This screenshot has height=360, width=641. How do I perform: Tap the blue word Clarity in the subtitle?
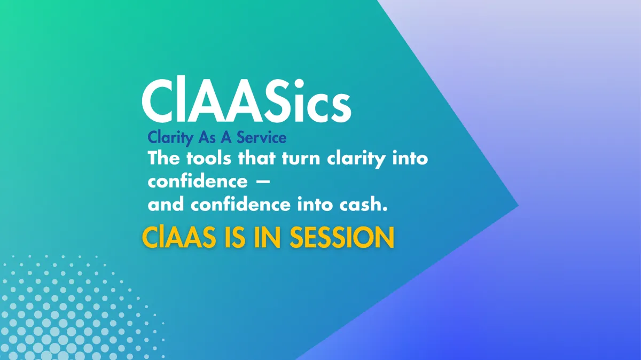pyautogui.click(x=170, y=138)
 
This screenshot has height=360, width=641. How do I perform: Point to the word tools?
pyautogui.click(x=209, y=158)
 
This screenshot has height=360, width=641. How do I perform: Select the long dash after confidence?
pyautogui.click(x=262, y=181)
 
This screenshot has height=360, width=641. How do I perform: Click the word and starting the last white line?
pyautogui.click(x=166, y=205)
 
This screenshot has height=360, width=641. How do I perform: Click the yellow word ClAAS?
pyautogui.click(x=179, y=238)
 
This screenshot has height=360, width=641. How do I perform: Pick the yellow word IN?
pyautogui.click(x=267, y=238)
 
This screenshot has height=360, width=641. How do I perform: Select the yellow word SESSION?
pyautogui.click(x=342, y=238)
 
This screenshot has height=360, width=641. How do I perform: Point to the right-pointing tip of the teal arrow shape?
pyautogui.click(x=518, y=205)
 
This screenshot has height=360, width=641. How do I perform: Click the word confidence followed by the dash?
pyautogui.click(x=198, y=181)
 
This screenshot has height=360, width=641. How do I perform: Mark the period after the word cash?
pyautogui.click(x=385, y=209)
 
